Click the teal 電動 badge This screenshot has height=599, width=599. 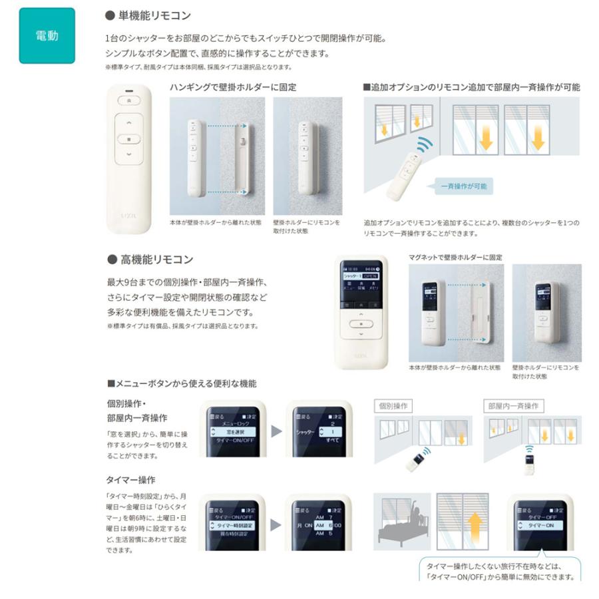(x=47, y=36)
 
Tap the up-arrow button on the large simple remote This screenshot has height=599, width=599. (x=129, y=124)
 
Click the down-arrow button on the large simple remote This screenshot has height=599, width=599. (x=129, y=155)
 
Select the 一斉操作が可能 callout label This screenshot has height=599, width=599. (x=463, y=186)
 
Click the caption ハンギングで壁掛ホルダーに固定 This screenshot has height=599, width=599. (x=233, y=87)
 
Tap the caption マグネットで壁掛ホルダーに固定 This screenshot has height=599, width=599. (x=455, y=257)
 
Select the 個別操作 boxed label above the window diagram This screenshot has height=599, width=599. (x=393, y=405)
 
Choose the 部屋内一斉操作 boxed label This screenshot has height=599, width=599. (x=512, y=405)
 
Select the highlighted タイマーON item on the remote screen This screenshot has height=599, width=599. (x=540, y=525)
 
